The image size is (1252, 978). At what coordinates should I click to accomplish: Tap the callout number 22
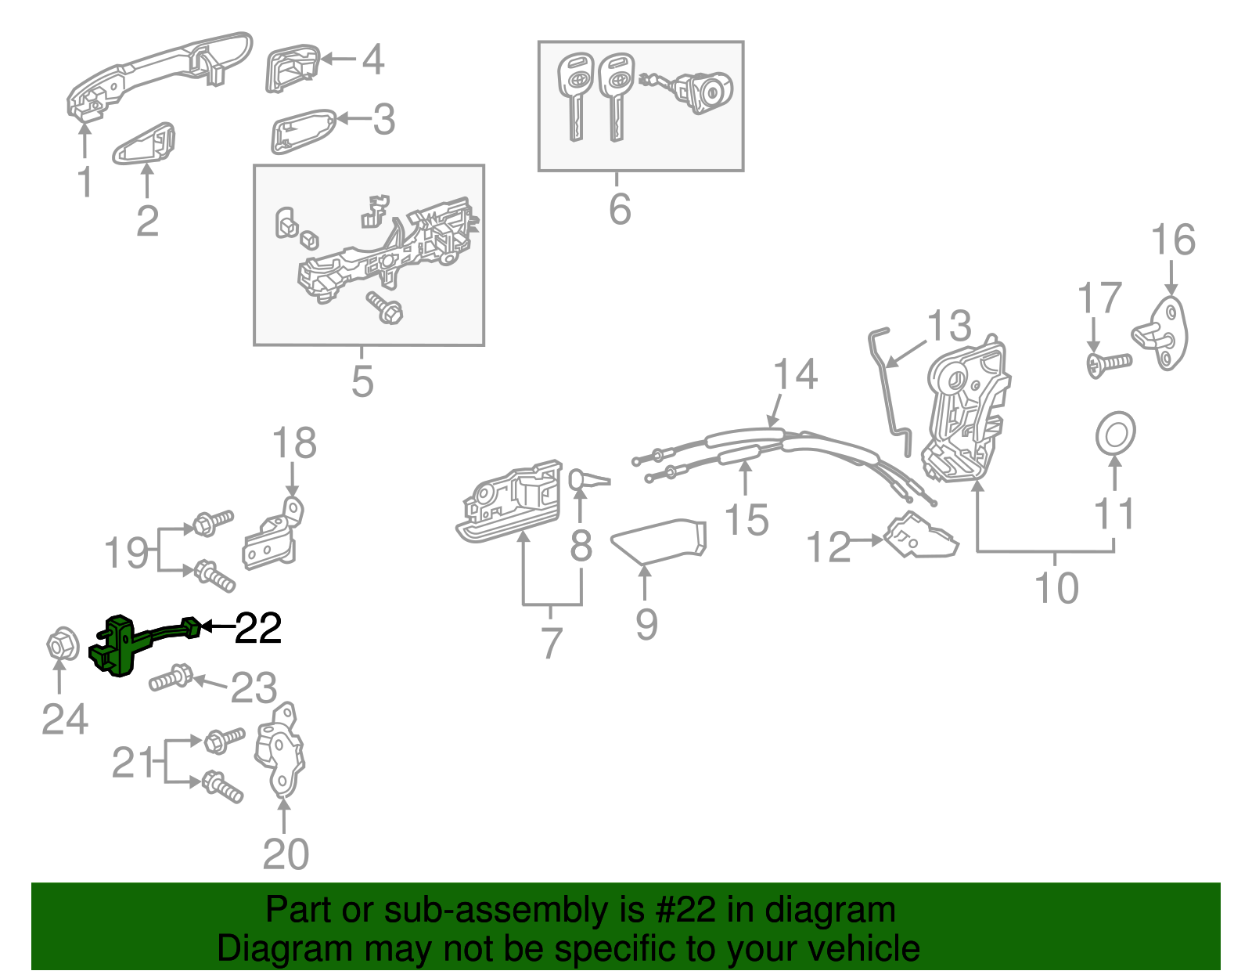[258, 628]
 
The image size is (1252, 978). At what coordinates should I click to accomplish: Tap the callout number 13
[949, 326]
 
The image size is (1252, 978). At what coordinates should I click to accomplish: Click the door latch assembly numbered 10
[966, 411]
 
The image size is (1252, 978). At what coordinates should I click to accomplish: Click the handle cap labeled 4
[291, 69]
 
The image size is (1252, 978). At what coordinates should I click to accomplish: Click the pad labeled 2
[144, 143]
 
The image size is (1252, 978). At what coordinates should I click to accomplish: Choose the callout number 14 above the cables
[796, 374]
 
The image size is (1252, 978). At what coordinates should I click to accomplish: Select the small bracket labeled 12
[920, 536]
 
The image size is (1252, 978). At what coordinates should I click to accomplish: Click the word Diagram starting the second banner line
[273, 948]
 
